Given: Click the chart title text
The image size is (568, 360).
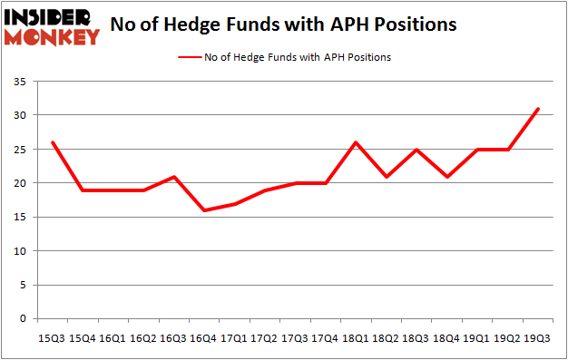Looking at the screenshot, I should pos(283,24).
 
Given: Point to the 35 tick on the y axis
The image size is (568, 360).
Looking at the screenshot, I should pos(19,82).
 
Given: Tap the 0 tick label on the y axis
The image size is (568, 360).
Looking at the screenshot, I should pos(22,319).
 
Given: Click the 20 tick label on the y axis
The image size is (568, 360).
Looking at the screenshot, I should pos(19,183).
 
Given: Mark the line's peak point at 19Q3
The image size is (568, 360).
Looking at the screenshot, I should pos(537,109).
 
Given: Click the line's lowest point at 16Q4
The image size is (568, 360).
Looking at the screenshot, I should pos(203,210).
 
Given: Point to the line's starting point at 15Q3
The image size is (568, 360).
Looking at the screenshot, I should pos(52,142).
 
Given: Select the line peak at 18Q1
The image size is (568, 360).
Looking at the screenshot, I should pos(355,142).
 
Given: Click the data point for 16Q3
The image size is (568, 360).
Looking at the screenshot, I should pos(173,177).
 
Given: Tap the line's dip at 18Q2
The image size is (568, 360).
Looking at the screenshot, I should pos(386,177).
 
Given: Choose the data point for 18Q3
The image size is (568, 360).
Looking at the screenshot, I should pos(416,150).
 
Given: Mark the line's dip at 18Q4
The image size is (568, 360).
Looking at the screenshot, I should pos(446,177).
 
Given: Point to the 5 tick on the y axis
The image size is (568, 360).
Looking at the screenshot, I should pos(22,285).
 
